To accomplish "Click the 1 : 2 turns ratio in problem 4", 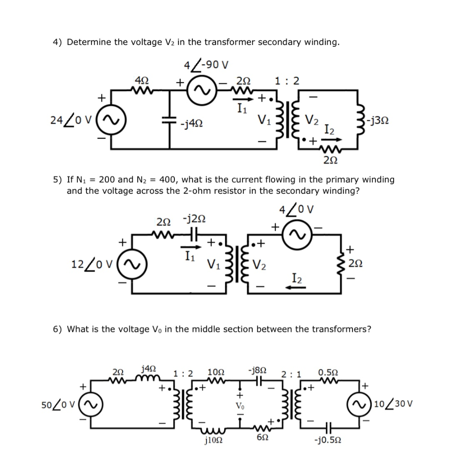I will pyautogui.click(x=287, y=81).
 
